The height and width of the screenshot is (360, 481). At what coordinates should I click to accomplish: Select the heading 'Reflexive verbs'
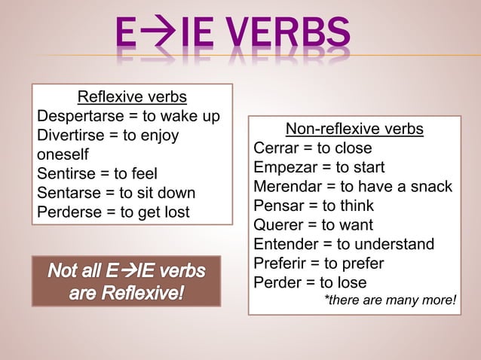click(x=132, y=97)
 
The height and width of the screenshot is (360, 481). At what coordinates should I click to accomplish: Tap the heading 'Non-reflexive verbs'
click(x=354, y=129)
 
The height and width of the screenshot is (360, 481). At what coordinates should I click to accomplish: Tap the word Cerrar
click(x=277, y=148)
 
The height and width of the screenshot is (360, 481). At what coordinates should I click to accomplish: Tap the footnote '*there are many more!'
click(x=390, y=301)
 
